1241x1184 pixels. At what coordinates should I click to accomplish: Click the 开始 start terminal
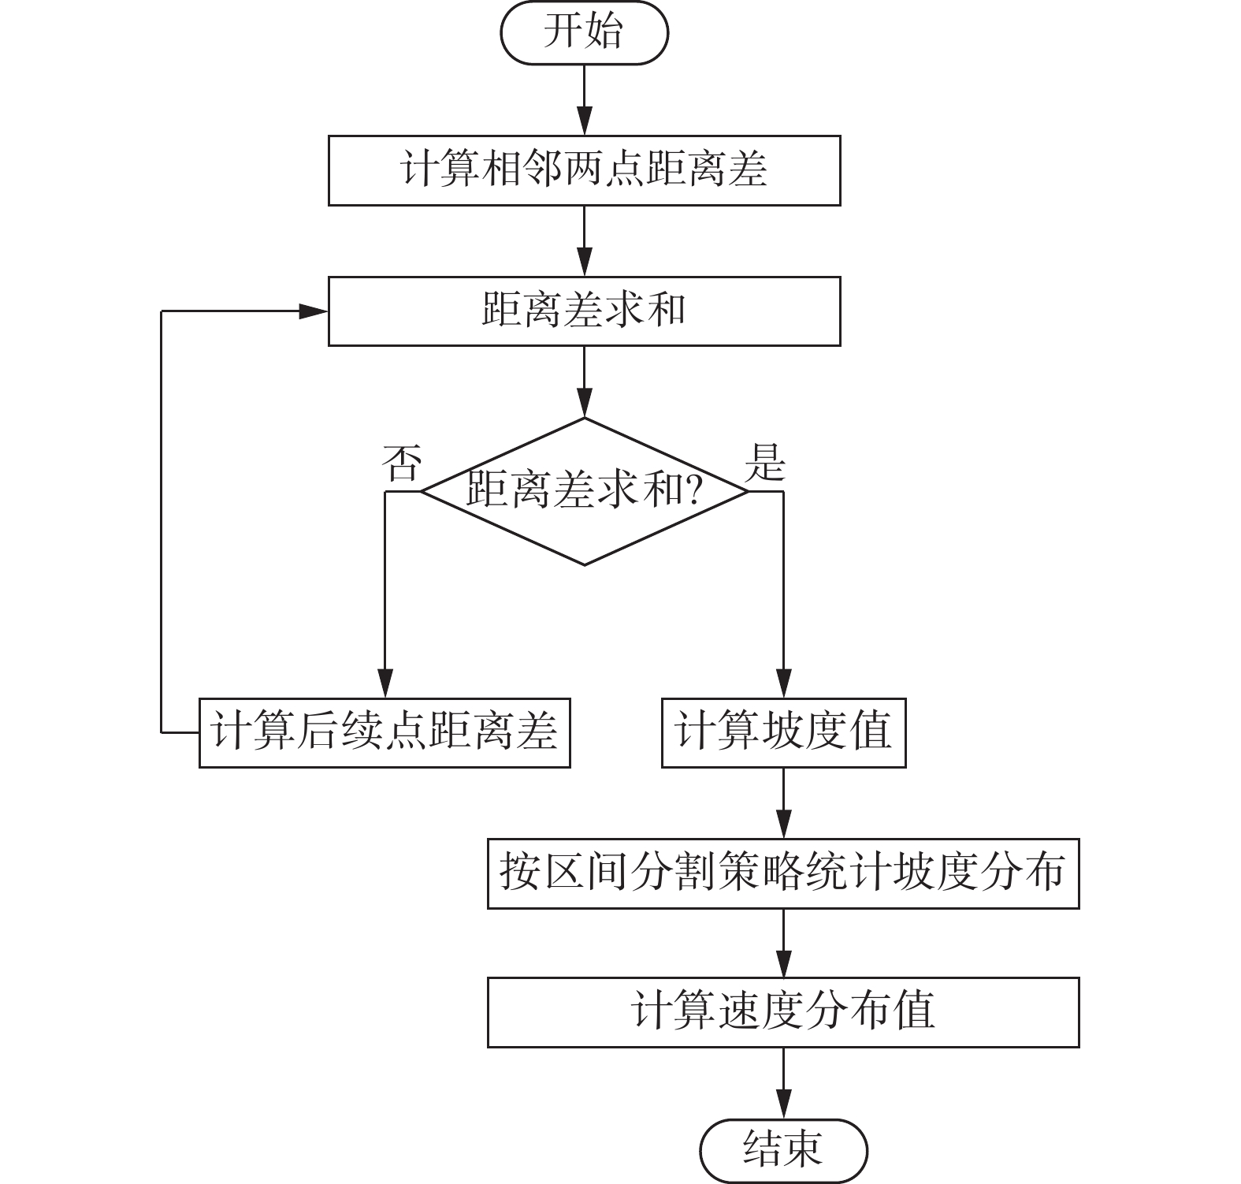click(x=584, y=32)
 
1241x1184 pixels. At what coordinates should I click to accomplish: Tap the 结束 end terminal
click(x=783, y=1150)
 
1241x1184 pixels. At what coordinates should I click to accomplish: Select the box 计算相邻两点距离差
click(x=584, y=170)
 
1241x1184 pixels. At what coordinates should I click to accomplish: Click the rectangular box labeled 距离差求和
click(x=584, y=311)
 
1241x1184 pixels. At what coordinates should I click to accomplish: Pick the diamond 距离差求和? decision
click(x=584, y=491)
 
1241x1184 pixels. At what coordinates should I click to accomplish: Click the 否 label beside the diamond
click(x=401, y=463)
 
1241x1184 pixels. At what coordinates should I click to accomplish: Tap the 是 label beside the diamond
click(x=765, y=463)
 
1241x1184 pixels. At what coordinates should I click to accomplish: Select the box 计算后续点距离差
click(x=384, y=732)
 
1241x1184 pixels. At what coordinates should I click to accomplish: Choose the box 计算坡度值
click(x=783, y=732)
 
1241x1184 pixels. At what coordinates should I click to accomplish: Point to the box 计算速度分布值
click(x=783, y=1012)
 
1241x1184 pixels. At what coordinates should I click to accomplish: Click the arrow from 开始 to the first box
click(x=584, y=100)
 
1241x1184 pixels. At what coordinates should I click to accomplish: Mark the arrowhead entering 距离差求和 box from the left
click(x=314, y=311)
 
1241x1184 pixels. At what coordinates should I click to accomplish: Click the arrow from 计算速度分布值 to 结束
click(x=783, y=1083)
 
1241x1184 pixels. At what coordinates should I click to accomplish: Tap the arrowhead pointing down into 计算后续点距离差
click(x=385, y=683)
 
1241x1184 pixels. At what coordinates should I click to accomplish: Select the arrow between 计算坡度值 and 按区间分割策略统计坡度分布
click(x=783, y=803)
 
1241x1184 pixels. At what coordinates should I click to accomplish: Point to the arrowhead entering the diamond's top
click(x=584, y=402)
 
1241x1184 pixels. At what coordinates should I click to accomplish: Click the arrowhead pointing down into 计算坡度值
click(x=783, y=683)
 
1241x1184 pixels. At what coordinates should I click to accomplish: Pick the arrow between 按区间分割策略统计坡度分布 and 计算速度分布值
click(x=783, y=943)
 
